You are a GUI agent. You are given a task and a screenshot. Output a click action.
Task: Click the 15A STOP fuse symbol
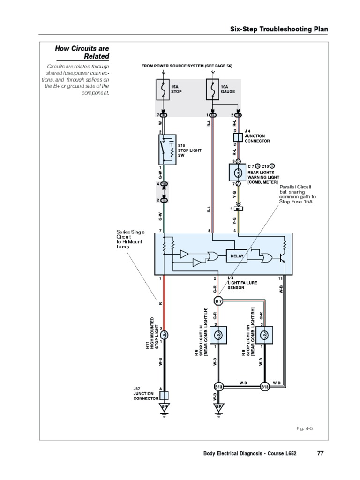click(163, 90)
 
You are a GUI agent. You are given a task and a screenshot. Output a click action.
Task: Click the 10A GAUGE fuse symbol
click(213, 90)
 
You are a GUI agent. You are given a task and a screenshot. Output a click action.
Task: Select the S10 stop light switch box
click(167, 150)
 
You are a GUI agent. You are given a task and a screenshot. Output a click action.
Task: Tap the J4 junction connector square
click(238, 137)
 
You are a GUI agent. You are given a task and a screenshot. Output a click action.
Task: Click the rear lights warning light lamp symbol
click(238, 172)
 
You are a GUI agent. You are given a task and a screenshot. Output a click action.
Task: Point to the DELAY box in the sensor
click(237, 256)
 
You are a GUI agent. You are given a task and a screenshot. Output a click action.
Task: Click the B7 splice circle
click(218, 300)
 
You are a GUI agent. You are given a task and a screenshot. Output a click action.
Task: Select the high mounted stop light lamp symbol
click(164, 335)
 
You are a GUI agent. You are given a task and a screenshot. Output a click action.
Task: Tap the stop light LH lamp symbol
click(218, 335)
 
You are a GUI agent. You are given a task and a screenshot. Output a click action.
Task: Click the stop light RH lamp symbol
click(264, 335)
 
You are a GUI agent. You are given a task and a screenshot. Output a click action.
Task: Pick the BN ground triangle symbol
click(164, 407)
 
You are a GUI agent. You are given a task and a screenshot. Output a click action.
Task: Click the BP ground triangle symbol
click(218, 407)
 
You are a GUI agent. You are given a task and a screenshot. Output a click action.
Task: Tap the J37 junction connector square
click(164, 395)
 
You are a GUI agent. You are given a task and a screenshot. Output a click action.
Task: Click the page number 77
click(321, 453)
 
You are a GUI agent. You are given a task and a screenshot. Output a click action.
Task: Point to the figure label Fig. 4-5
click(304, 428)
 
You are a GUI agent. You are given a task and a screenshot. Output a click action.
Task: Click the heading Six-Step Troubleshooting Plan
click(278, 30)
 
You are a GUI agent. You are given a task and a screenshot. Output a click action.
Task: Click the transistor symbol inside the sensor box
click(283, 257)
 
